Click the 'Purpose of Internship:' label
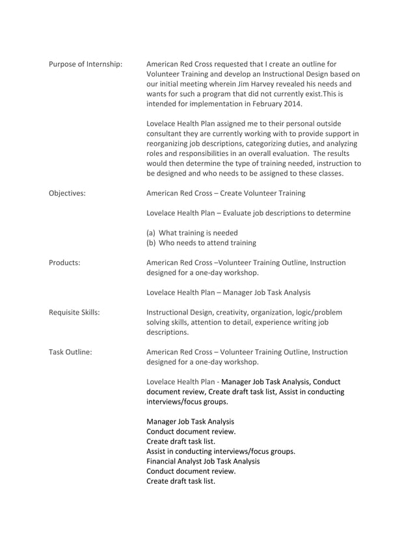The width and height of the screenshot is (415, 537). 85,64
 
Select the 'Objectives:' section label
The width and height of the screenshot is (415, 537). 67,193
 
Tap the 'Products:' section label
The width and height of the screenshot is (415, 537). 64,263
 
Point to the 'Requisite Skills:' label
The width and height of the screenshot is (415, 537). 74,312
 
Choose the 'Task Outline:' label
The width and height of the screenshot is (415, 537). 70,352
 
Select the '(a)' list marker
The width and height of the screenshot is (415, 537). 152,233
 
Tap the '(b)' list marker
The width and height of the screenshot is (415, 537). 152,242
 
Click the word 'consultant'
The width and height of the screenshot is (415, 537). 166,133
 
